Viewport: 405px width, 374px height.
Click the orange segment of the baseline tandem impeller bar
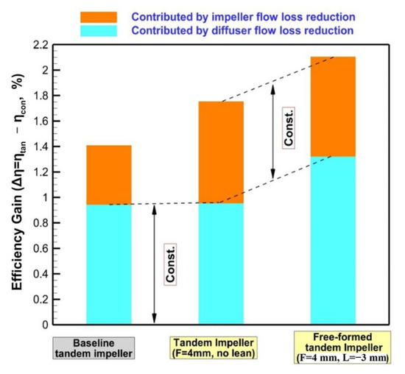109,174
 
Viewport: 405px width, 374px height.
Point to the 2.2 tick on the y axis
51,45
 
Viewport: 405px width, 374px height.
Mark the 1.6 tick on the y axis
51,121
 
